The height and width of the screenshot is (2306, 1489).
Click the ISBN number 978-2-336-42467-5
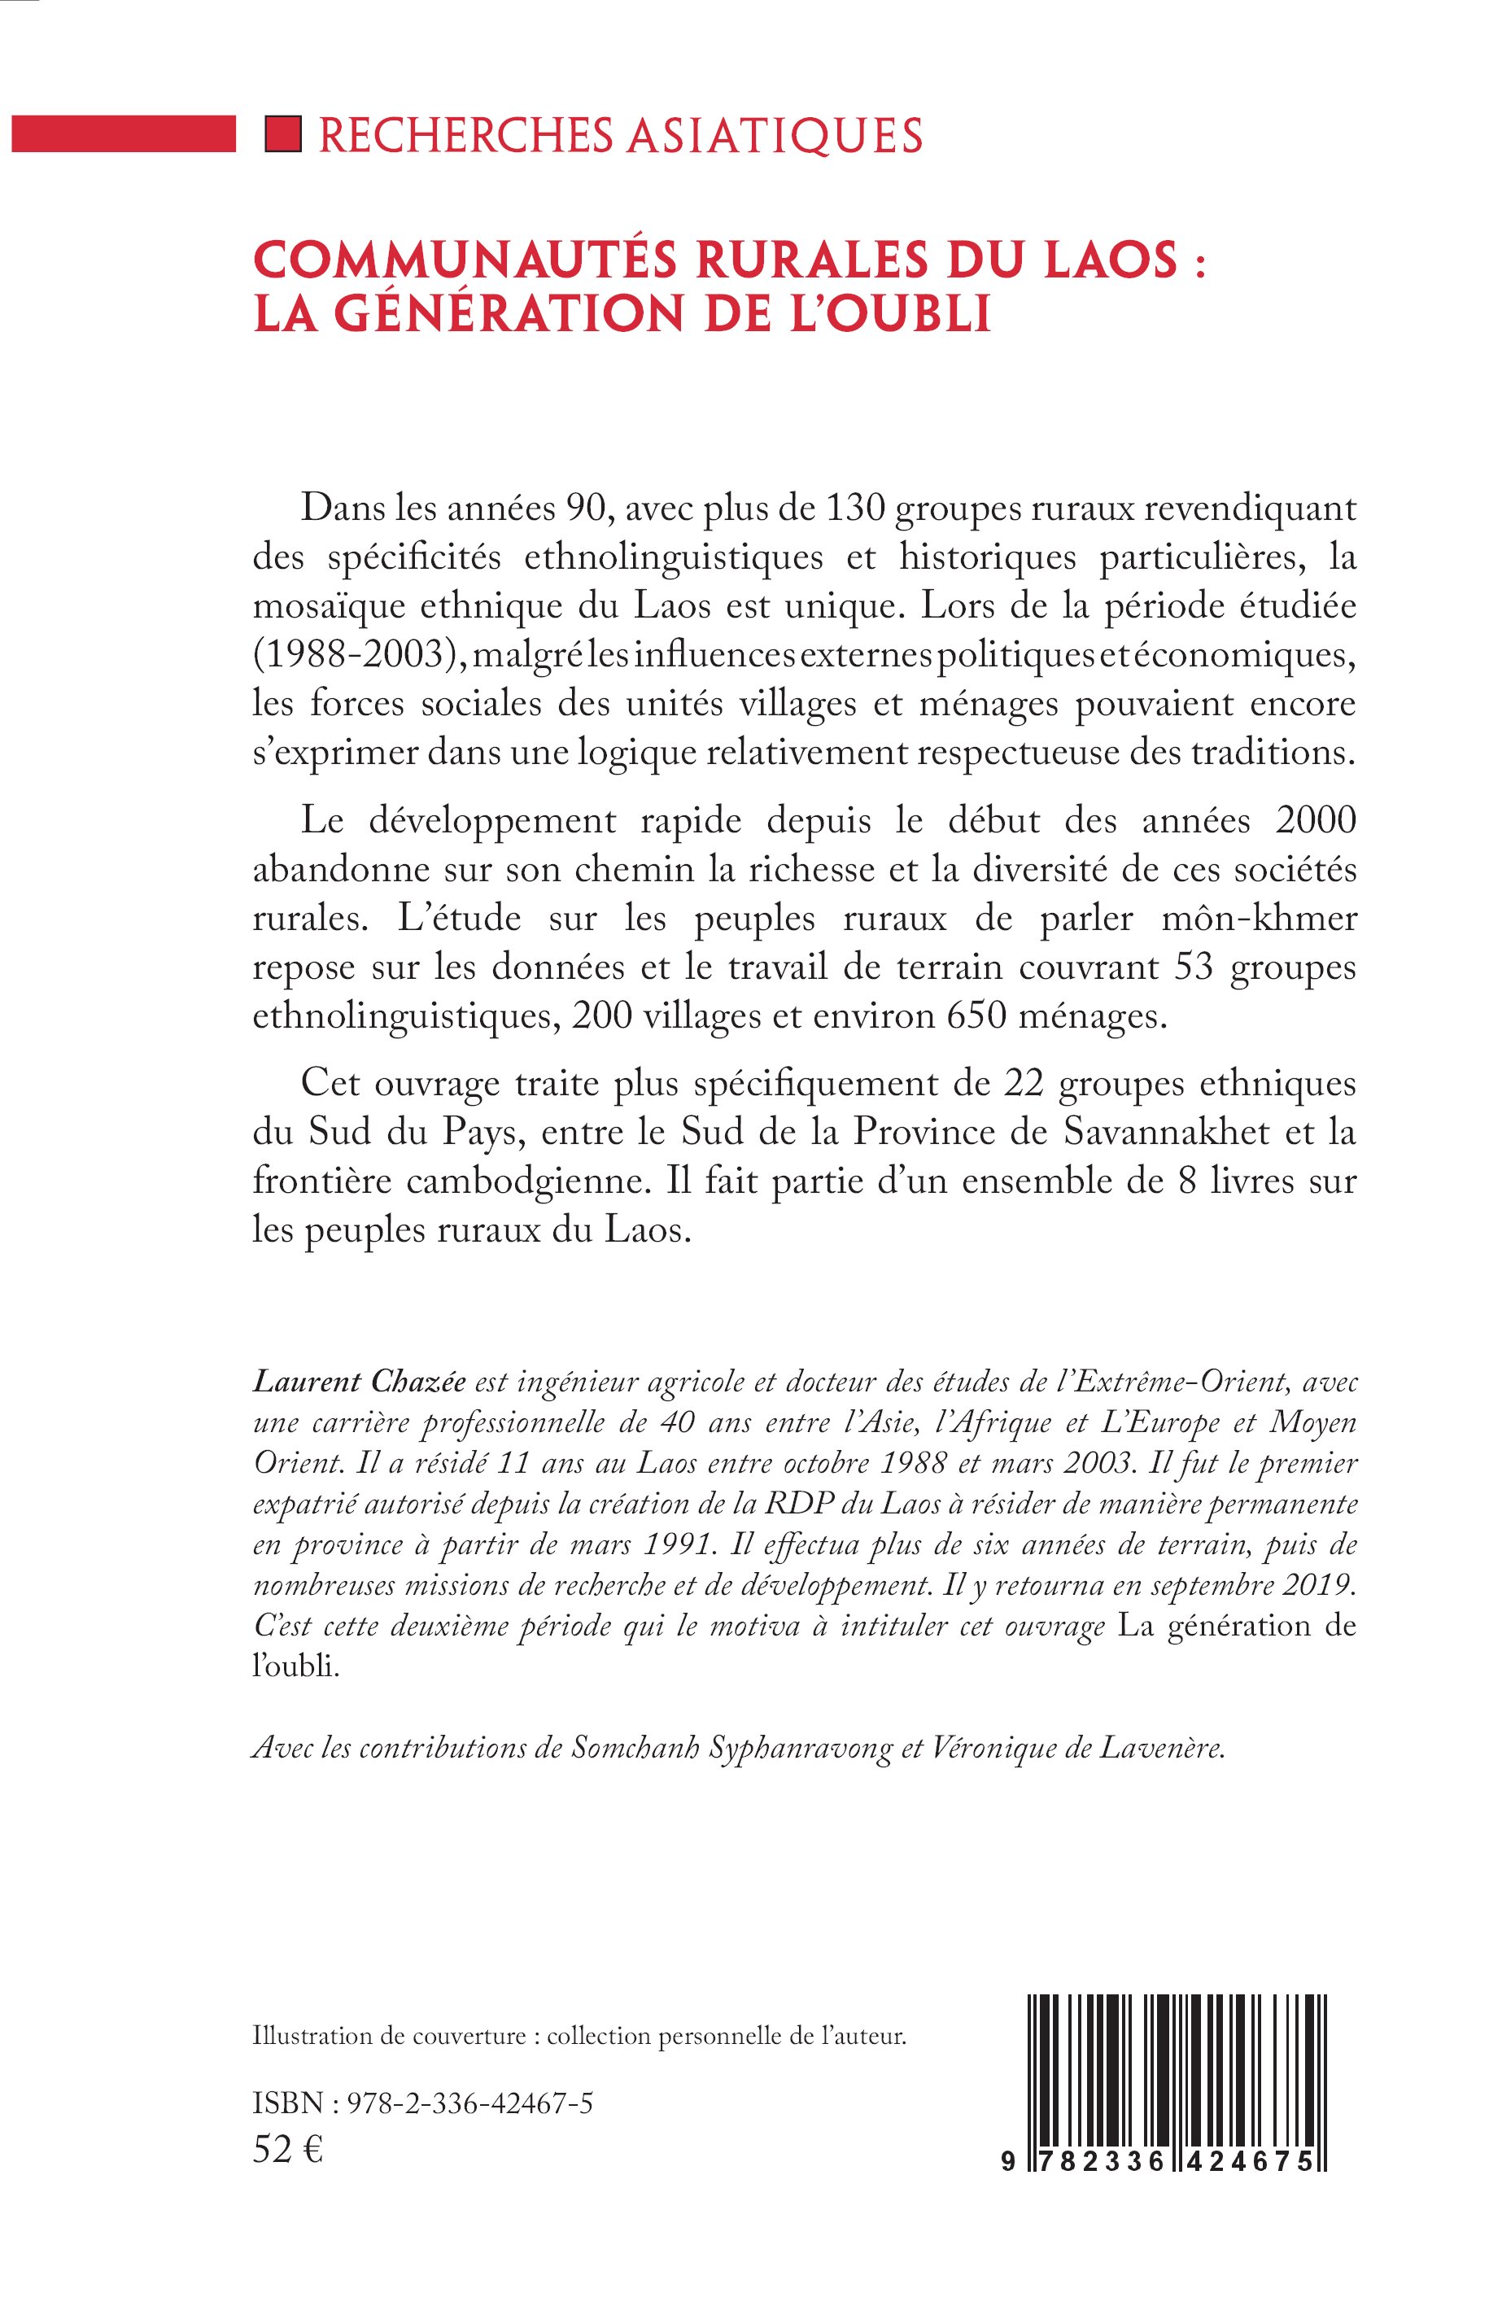[468, 2103]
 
